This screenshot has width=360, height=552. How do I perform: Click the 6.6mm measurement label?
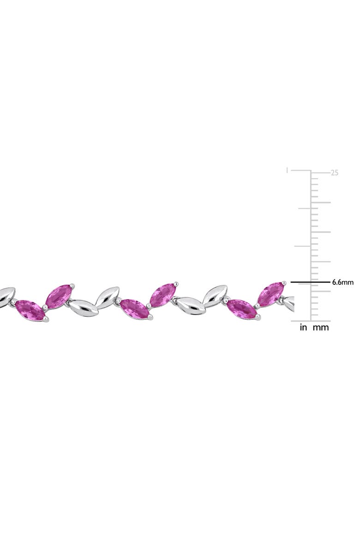[x=342, y=282]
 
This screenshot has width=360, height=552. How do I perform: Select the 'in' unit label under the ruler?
[x=304, y=328]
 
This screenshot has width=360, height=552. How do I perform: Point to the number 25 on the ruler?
[x=335, y=173]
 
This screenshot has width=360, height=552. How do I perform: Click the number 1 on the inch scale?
[x=288, y=170]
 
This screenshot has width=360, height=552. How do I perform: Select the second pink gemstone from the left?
[x=59, y=296]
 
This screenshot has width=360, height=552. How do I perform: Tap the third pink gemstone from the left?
[x=135, y=308]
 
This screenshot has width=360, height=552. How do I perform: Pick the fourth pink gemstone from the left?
[x=162, y=295]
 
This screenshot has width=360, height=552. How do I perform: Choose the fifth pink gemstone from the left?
[x=242, y=309]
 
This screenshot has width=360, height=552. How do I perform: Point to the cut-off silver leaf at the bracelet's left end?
[x=6, y=295]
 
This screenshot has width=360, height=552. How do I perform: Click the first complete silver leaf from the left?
[x=84, y=307]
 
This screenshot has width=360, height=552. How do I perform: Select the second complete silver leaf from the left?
[x=107, y=296]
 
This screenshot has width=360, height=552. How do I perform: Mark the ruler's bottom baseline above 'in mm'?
[x=312, y=321]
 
